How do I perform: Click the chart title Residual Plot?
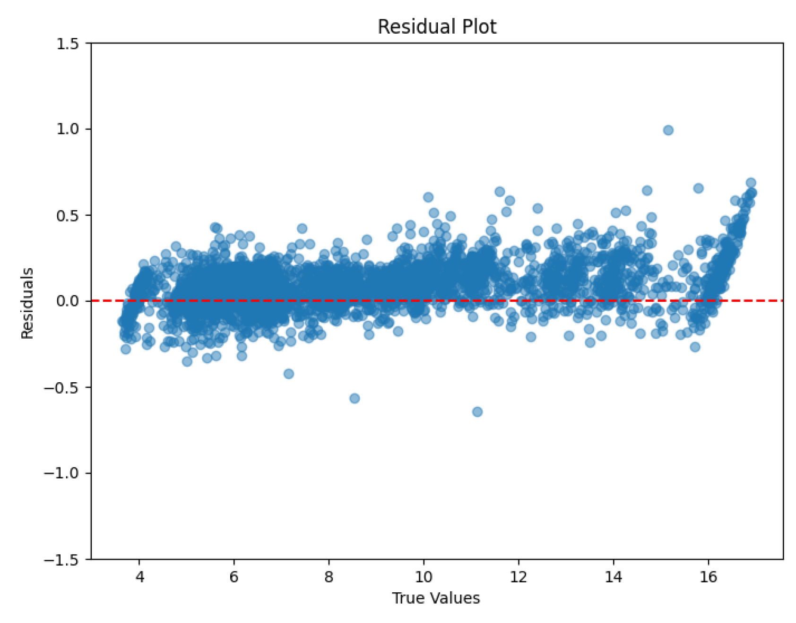click(x=436, y=26)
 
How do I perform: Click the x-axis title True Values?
click(x=435, y=598)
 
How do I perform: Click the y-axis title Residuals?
click(x=27, y=303)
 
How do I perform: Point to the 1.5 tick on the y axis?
click(x=69, y=44)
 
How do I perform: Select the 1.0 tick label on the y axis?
click(x=69, y=129)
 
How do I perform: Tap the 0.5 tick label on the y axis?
click(x=69, y=215)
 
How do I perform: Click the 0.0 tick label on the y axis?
click(x=69, y=301)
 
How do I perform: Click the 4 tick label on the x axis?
click(x=139, y=577)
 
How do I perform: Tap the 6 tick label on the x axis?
click(x=234, y=577)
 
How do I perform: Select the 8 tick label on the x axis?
click(x=329, y=577)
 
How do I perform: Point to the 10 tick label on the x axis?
click(x=424, y=577)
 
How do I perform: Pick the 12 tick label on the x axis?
click(x=519, y=577)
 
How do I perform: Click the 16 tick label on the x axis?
click(x=708, y=577)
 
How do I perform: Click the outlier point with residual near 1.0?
click(x=668, y=130)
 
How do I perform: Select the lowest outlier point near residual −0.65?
click(x=477, y=412)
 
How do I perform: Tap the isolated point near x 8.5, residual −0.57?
click(x=355, y=398)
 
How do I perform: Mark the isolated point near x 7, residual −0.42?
click(x=289, y=374)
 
